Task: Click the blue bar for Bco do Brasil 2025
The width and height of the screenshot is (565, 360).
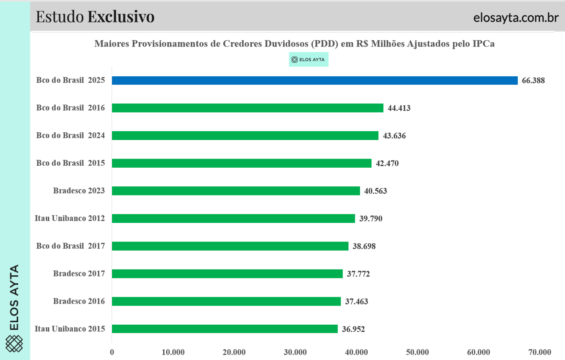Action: pyautogui.click(x=315, y=80)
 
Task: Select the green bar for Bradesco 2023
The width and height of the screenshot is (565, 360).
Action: pyautogui.click(x=236, y=191)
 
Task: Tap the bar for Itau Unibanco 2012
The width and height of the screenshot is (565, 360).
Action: pyautogui.click(x=233, y=218)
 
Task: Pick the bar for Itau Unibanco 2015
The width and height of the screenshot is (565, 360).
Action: pyautogui.click(x=224, y=329)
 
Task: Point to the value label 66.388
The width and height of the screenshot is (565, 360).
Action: pyautogui.click(x=533, y=80)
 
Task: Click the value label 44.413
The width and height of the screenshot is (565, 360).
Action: pyautogui.click(x=399, y=108)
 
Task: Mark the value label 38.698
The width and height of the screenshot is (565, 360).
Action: pyautogui.click(x=364, y=246)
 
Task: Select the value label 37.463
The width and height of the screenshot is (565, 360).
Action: pyautogui.click(x=356, y=301)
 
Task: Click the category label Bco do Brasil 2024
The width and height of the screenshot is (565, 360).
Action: pyautogui.click(x=70, y=135)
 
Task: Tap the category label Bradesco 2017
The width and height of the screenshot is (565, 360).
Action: pyautogui.click(x=79, y=273)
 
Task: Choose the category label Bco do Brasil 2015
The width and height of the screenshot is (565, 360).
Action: pyautogui.click(x=70, y=163)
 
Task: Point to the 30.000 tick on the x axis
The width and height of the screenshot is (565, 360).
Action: pyautogui.click(x=295, y=352)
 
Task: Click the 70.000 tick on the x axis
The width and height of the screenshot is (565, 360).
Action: pyautogui.click(x=540, y=352)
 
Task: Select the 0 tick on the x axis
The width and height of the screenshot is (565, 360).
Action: pyautogui.click(x=112, y=352)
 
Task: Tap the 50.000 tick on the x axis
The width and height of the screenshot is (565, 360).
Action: pyautogui.click(x=417, y=352)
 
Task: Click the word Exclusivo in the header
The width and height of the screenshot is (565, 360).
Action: pyautogui.click(x=121, y=17)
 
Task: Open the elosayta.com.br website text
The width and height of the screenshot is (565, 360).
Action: pyautogui.click(x=516, y=17)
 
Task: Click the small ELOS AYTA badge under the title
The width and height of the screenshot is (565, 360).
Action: pyautogui.click(x=308, y=60)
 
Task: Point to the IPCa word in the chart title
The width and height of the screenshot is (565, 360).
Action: pyautogui.click(x=483, y=44)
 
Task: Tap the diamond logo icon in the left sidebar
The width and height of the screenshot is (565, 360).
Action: pyautogui.click(x=14, y=343)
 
